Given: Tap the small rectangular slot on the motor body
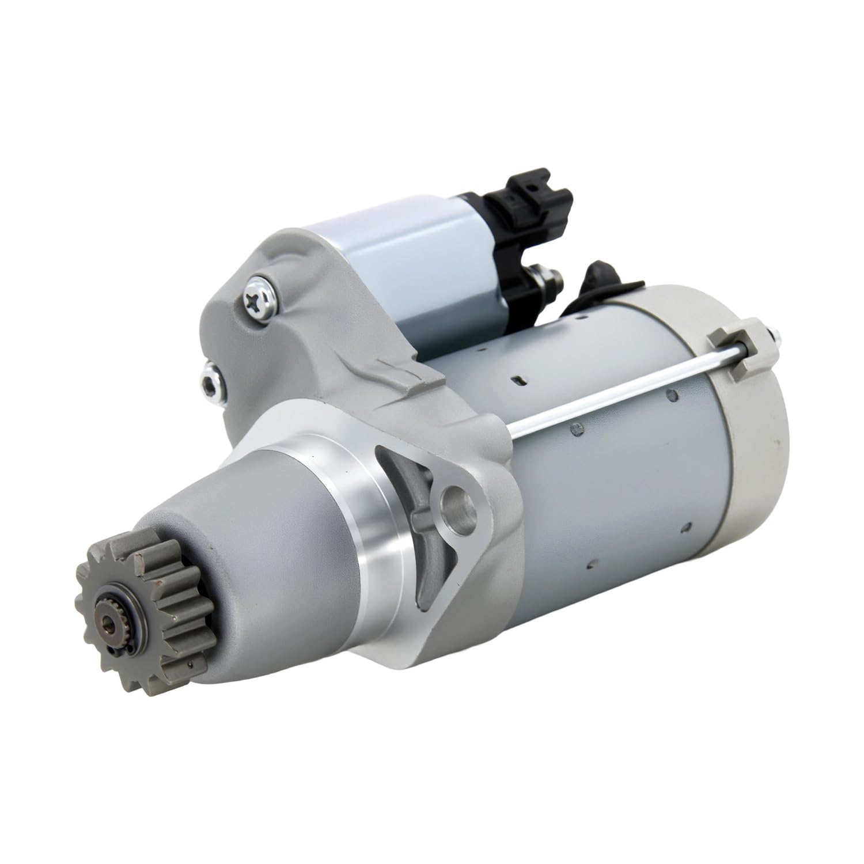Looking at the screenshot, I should (520, 378).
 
